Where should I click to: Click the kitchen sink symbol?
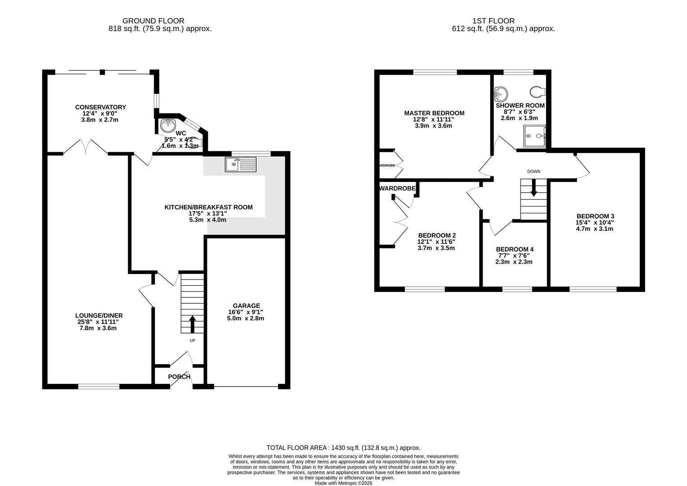[241, 165]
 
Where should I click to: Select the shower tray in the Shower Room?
[534, 136]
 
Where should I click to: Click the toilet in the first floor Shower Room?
[537, 92]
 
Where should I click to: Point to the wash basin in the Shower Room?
[501, 94]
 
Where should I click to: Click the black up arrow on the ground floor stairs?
[192, 324]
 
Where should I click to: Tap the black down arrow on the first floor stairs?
[534, 188]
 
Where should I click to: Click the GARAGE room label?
[245, 306]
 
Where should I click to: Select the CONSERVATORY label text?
[100, 107]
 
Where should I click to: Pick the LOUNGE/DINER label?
[99, 315]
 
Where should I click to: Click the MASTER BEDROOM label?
[434, 113]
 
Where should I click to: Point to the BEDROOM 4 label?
[514, 249]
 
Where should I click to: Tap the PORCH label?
[179, 377]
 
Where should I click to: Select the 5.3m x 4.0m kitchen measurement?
[208, 220]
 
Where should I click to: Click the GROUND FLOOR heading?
[153, 21]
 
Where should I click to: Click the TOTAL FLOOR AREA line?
[343, 448]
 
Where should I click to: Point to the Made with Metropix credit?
[343, 483]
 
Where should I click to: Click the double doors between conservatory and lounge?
[85, 147]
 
